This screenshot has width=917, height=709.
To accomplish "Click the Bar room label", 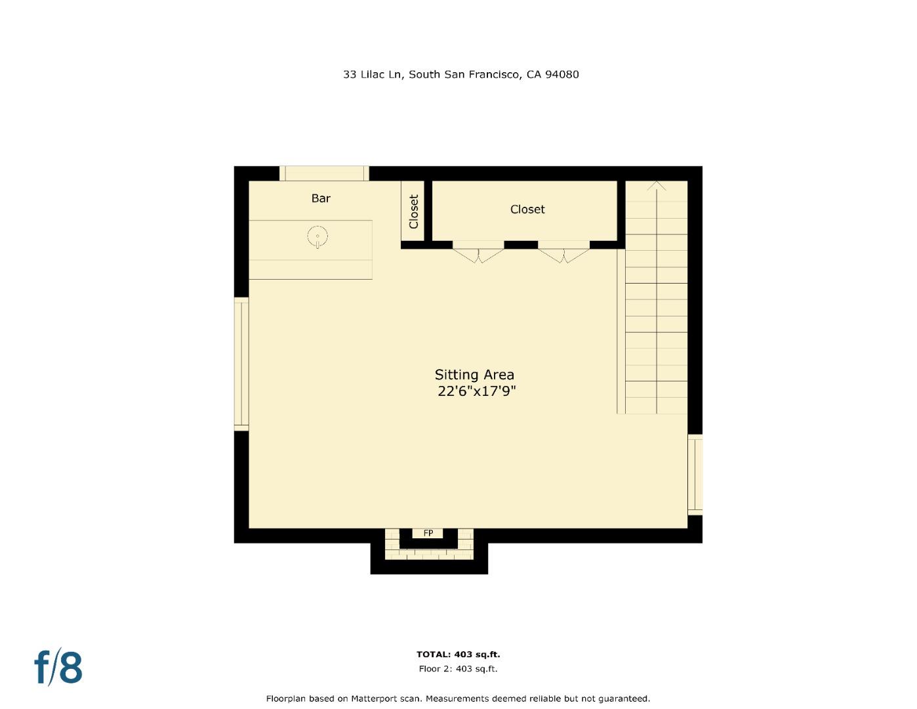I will pyautogui.click(x=321, y=198).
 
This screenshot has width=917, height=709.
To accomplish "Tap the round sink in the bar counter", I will pyautogui.click(x=317, y=236).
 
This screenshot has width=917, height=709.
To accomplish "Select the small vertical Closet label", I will pyautogui.click(x=413, y=211).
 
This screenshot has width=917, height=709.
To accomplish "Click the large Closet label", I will pyautogui.click(x=527, y=209).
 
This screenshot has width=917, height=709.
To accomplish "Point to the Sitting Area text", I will pyautogui.click(x=474, y=375).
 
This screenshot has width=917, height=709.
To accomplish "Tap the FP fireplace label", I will pyautogui.click(x=428, y=533).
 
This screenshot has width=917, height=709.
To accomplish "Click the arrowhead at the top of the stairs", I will pyautogui.click(x=657, y=186).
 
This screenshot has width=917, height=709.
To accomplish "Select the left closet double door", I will pyautogui.click(x=478, y=253).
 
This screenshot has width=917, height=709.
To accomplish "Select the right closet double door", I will pyautogui.click(x=563, y=253).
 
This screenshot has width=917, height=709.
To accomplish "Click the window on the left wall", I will pyautogui.click(x=241, y=364).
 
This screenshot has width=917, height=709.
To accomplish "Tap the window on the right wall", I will pyautogui.click(x=695, y=474).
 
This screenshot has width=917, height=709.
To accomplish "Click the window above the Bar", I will pyautogui.click(x=324, y=173).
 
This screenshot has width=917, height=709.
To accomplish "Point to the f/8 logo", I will pyautogui.click(x=58, y=667).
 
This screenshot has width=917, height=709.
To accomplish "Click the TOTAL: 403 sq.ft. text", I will pyautogui.click(x=458, y=655).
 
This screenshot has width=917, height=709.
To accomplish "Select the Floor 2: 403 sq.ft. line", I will pyautogui.click(x=458, y=669).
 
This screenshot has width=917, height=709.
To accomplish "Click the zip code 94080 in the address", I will pyautogui.click(x=562, y=74).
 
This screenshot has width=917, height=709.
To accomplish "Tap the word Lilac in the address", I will pyautogui.click(x=373, y=74).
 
